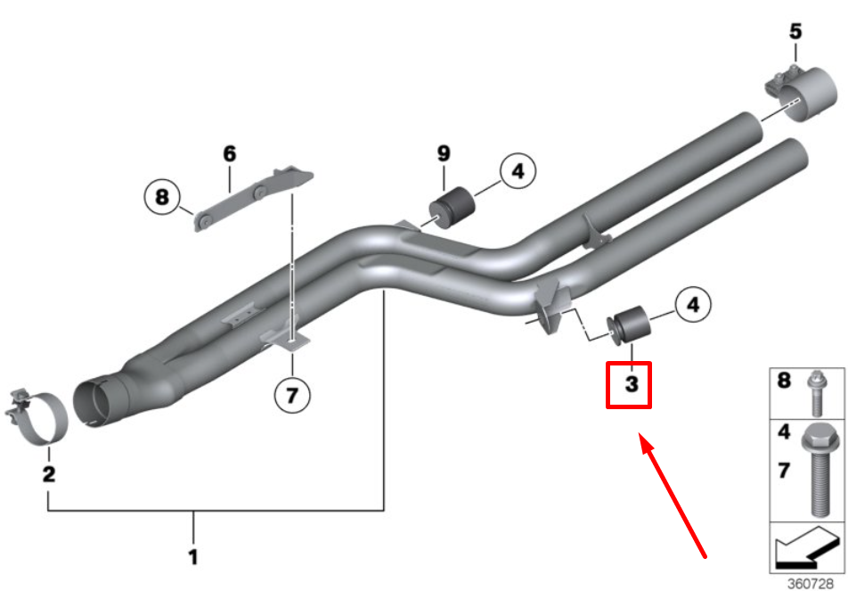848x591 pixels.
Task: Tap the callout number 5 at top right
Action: coord(795,32)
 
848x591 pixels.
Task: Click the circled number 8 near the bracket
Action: coord(161,196)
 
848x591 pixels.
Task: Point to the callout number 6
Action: coord(230,153)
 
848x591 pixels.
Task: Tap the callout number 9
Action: coord(444,153)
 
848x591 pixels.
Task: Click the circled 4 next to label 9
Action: coord(518,171)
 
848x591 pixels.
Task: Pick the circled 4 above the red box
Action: coord(694,307)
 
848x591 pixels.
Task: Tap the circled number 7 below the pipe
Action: coord(292,394)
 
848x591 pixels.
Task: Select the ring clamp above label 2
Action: coord(41,418)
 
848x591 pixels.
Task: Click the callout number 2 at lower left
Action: coord(48,473)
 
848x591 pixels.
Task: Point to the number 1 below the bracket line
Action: coord(193,558)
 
